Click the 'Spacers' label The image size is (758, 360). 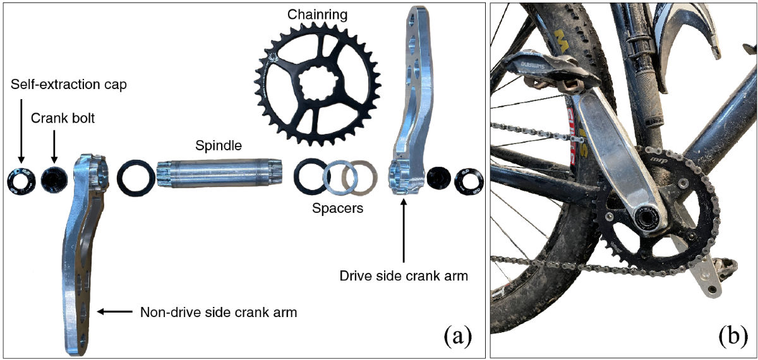click(x=339, y=208)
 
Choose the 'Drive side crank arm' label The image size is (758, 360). click(x=404, y=276)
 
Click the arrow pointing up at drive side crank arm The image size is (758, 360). click(x=404, y=233)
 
